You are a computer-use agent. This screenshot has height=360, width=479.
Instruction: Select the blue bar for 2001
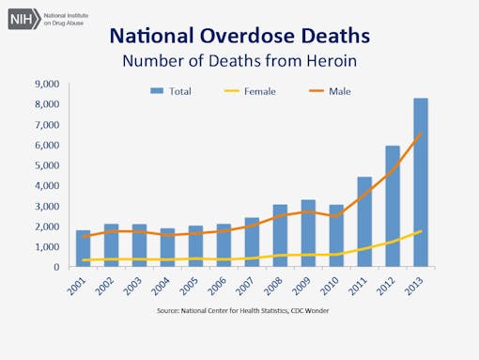point(83,249)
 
